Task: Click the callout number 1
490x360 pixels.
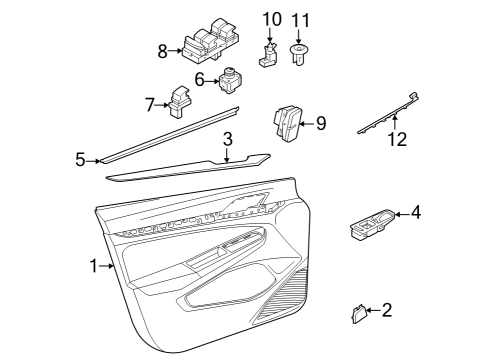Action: pos(94,266)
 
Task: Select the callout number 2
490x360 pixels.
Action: pos(386,310)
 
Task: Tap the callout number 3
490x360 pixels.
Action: pos(227,139)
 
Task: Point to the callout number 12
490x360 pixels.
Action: pos(397,139)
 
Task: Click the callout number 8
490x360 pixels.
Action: pos(162,52)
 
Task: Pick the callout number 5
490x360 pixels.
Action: pos(80,160)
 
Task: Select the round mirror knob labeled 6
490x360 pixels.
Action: pos(230,80)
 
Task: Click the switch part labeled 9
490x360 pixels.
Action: pos(287,124)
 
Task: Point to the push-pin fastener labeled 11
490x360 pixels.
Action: pos(298,55)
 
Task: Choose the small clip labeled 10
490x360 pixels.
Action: pos(269,55)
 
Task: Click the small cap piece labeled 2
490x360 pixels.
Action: pos(359,314)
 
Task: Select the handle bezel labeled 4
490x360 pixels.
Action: pos(372,225)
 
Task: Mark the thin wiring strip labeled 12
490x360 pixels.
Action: pos(389,113)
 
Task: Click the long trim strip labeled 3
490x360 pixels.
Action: pos(188,168)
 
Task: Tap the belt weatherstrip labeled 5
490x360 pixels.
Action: pos(170,135)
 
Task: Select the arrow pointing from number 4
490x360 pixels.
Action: pos(403,214)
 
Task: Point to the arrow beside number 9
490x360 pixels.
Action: pos(307,124)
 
